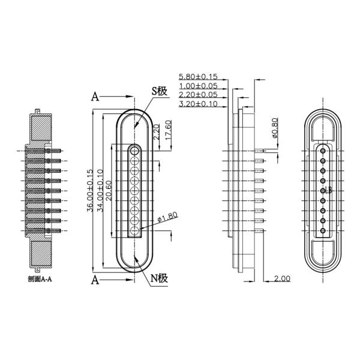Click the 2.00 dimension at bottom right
(283, 279)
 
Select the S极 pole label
(158, 91)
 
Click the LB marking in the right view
(326, 190)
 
